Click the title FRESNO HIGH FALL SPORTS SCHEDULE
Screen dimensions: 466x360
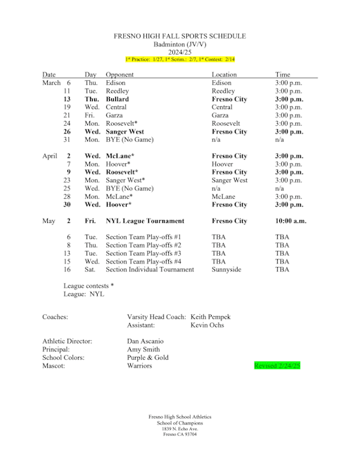tap(180, 36)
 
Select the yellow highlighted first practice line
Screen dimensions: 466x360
tap(180, 59)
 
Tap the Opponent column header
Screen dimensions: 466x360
tap(120, 74)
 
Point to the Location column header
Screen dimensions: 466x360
tap(225, 74)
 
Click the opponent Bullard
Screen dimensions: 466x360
tap(117, 99)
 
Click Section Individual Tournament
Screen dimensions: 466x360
tap(150, 269)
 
